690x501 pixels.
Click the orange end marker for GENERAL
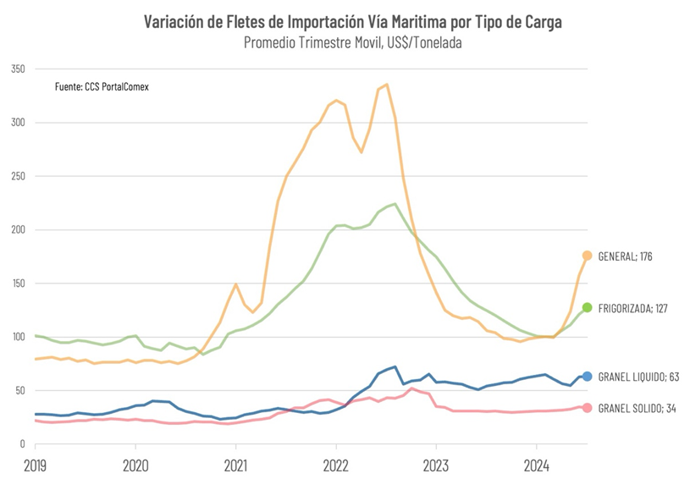(587, 256)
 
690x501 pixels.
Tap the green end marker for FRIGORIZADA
(587, 307)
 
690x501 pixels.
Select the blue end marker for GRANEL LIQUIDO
(587, 376)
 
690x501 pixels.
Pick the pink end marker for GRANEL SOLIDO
(587, 408)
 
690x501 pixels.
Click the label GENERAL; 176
(626, 256)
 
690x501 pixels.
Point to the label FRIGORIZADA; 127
(632, 308)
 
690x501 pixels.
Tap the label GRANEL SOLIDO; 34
(636, 409)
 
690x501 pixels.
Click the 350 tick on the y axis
(18, 69)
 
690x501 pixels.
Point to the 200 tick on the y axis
(18, 229)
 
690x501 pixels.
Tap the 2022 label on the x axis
(336, 465)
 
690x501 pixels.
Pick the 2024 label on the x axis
(536, 465)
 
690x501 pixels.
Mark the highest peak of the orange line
(386, 84)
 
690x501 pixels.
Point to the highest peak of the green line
(395, 203)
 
